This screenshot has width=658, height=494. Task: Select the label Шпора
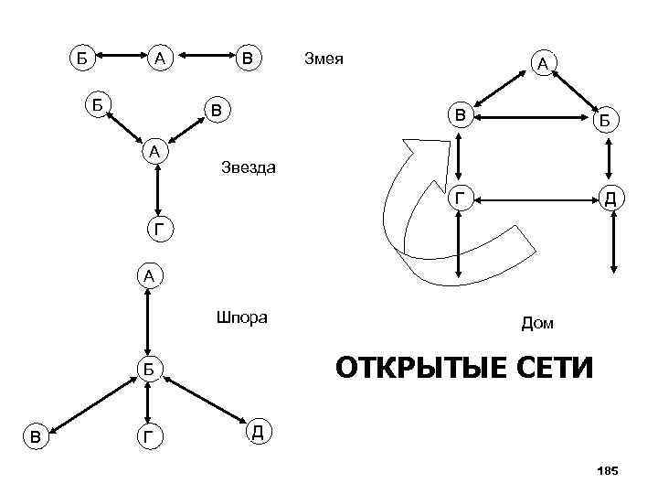241,318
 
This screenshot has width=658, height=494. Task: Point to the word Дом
537,323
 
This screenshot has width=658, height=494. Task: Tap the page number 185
607,470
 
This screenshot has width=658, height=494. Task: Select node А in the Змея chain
161,59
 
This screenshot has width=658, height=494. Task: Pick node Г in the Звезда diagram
159,230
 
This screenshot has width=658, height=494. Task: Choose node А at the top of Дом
542,63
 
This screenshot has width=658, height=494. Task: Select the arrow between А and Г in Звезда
159,191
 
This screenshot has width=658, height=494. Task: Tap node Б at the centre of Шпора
147,369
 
